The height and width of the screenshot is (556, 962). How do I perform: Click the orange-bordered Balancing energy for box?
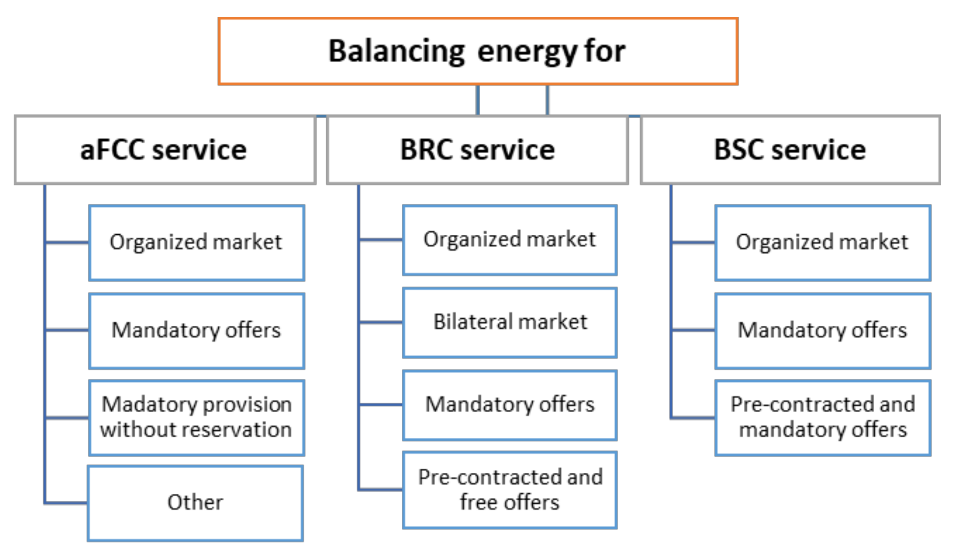(x=478, y=51)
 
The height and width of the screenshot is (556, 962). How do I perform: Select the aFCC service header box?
(x=165, y=150)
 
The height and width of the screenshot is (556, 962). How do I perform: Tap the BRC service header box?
(x=477, y=150)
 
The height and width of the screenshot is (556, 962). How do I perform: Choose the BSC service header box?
(x=790, y=150)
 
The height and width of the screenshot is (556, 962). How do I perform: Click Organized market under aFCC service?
(x=196, y=243)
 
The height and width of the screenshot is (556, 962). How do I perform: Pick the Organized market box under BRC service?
(x=510, y=240)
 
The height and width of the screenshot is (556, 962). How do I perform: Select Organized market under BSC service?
(x=823, y=243)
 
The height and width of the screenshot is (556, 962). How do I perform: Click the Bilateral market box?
(x=510, y=322)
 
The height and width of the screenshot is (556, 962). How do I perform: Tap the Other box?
(x=195, y=503)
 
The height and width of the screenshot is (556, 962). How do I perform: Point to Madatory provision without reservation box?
(x=196, y=417)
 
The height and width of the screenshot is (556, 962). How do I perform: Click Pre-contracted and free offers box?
(x=510, y=489)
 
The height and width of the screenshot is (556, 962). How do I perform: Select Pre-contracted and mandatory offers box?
(x=823, y=417)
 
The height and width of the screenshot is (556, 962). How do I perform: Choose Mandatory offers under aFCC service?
(x=196, y=331)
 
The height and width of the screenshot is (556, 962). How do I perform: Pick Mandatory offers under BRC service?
(x=510, y=405)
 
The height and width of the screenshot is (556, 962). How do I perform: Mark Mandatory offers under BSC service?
(x=823, y=331)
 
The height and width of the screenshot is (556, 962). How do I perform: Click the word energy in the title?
(x=527, y=52)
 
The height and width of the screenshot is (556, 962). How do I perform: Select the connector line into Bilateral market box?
(x=380, y=322)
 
